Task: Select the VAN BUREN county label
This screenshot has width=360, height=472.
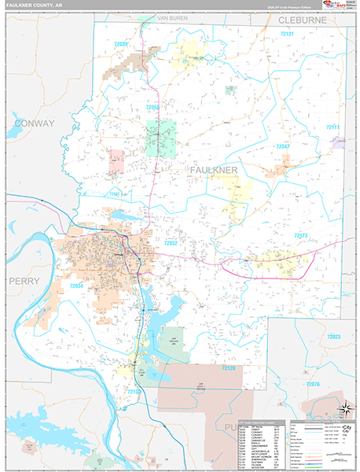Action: coord(174,17)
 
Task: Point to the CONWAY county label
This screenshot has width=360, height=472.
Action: coord(34,124)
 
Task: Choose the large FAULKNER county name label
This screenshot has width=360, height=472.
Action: coord(214,170)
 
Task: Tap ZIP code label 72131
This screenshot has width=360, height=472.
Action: coord(287,35)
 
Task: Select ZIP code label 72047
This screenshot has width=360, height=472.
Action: coord(281,146)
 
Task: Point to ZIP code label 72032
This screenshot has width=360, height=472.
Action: coord(172,243)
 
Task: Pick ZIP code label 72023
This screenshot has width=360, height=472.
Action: coord(334,337)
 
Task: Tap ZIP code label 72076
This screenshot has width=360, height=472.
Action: coord(313,383)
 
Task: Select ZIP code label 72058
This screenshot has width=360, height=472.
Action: coord(152,107)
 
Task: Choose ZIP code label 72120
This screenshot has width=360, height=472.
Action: coord(228,367)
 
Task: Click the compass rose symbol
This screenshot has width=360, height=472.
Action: coord(343,408)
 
